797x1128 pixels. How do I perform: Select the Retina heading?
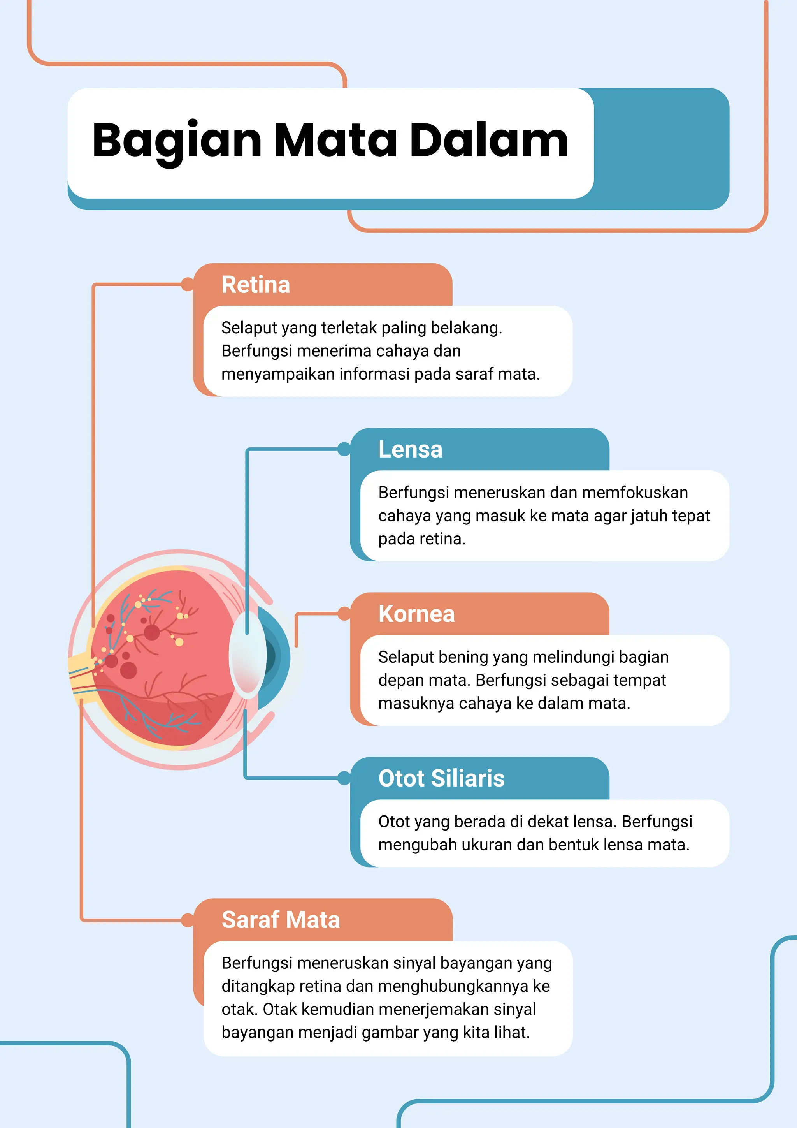pos(256,285)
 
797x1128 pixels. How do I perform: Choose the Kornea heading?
pos(416,614)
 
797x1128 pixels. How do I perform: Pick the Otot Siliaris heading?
pos(441,778)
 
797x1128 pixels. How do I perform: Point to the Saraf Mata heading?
pos(281,920)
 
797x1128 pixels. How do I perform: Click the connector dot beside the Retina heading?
pos(188,285)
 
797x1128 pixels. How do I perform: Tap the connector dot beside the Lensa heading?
pos(344,449)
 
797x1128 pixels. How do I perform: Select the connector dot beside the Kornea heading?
pos(344,614)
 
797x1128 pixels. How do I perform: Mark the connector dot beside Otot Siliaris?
pos(344,778)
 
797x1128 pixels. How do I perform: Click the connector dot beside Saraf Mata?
pos(188,920)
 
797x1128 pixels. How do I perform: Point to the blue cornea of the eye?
pos(277,657)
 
